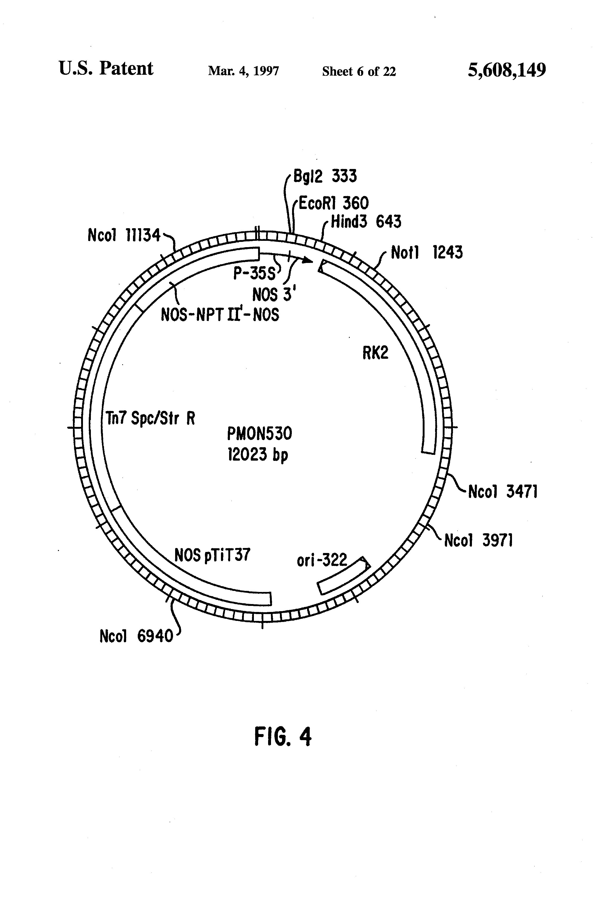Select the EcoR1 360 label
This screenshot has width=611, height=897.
[333, 203]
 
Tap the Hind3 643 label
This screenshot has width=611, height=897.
[366, 222]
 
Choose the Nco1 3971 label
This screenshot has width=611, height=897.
[479, 540]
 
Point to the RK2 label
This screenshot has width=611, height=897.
[375, 353]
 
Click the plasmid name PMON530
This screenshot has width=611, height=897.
[259, 434]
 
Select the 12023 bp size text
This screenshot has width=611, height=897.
[258, 455]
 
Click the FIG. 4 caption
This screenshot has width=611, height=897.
[283, 736]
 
